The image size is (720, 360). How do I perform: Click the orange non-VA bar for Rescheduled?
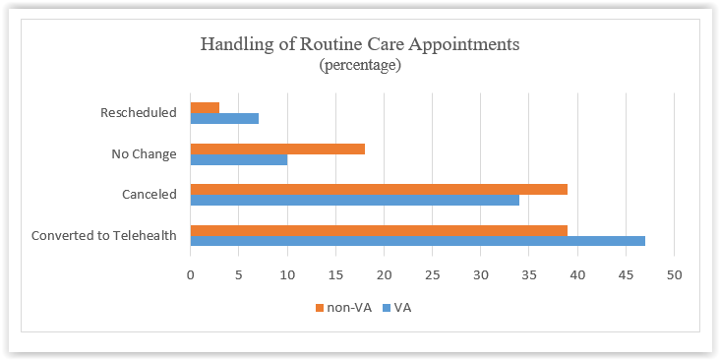tap(205, 107)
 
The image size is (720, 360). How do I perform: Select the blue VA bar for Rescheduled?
tap(224, 118)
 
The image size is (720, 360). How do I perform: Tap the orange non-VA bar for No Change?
tap(277, 149)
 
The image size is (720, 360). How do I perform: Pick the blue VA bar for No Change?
tap(239, 159)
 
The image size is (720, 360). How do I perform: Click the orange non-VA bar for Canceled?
tap(379, 189)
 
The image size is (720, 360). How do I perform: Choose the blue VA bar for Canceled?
tap(354, 200)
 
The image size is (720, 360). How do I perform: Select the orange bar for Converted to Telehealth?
tap(379, 229)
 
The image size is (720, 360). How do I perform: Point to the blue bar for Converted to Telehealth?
tap(417, 240)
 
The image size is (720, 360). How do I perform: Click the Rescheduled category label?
tap(139, 112)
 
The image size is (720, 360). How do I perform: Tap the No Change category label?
tap(146, 153)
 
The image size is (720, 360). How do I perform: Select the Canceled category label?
tap(150, 195)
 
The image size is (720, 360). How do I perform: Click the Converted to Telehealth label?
tap(103, 235)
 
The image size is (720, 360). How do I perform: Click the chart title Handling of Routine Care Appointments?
tap(360, 44)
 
